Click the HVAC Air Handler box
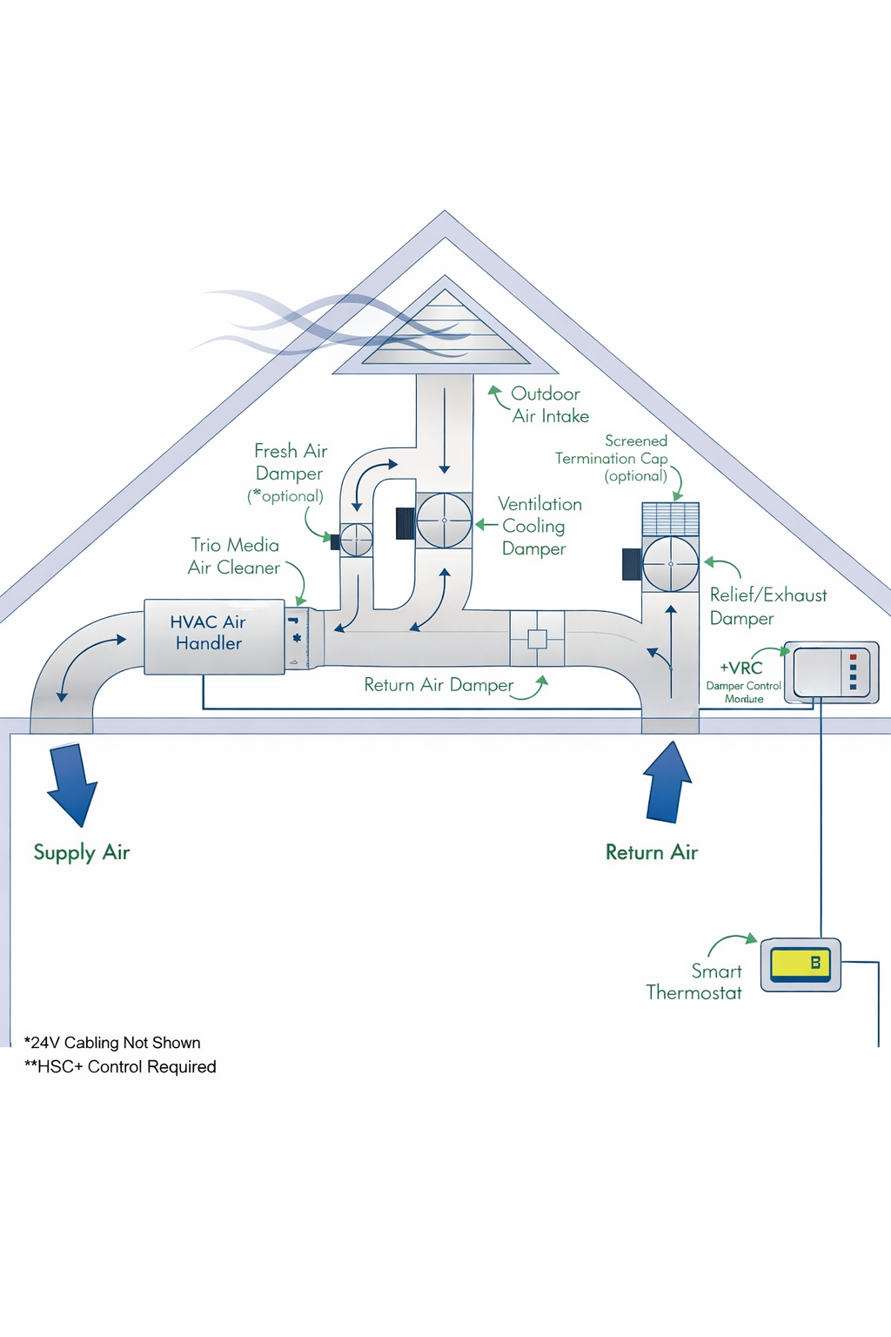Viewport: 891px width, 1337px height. pyautogui.click(x=214, y=635)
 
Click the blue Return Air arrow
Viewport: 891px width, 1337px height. pyautogui.click(x=668, y=783)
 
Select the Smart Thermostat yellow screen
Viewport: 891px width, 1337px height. pyautogui.click(x=801, y=964)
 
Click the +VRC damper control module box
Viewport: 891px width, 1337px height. pyautogui.click(x=831, y=672)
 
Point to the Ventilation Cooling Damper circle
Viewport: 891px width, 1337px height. pyautogui.click(x=445, y=521)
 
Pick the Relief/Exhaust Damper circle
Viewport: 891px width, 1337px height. pyautogui.click(x=671, y=564)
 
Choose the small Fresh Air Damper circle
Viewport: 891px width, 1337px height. pyautogui.click(x=356, y=541)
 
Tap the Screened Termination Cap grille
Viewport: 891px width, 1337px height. pyautogui.click(x=670, y=519)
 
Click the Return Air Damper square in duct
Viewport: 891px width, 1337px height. pyautogui.click(x=537, y=639)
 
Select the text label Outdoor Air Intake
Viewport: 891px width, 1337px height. pyautogui.click(x=549, y=405)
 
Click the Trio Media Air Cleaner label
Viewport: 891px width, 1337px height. pyautogui.click(x=234, y=556)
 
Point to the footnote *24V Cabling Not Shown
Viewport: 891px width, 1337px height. pyautogui.click(x=112, y=1043)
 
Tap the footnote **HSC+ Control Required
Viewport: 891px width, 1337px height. pyautogui.click(x=120, y=1067)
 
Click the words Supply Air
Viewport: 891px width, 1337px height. pyautogui.click(x=81, y=853)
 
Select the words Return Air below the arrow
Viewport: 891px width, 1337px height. pyautogui.click(x=652, y=853)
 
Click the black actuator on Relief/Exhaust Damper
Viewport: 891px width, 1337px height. pyautogui.click(x=632, y=564)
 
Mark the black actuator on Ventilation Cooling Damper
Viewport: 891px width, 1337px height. pyautogui.click(x=405, y=523)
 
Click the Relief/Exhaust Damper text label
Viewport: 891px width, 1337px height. pyautogui.click(x=767, y=607)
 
